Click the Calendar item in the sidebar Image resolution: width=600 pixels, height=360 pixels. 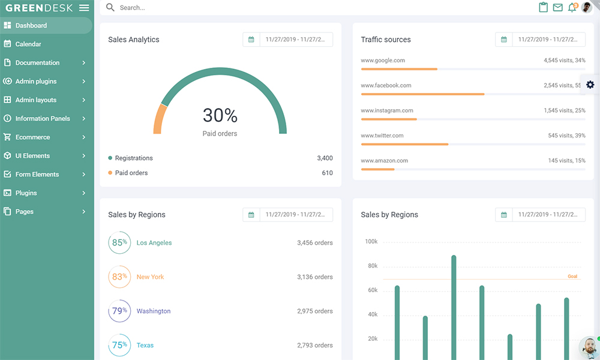(28, 44)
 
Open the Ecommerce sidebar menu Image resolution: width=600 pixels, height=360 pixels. (32, 137)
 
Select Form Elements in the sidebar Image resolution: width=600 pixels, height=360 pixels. (37, 174)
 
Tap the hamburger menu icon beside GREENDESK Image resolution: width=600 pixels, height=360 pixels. (84, 8)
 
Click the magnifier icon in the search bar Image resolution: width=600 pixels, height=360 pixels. (110, 8)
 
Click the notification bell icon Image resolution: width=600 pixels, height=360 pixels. (572, 8)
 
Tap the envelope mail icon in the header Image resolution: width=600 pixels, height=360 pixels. (557, 8)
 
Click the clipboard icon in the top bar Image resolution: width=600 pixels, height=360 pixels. (544, 8)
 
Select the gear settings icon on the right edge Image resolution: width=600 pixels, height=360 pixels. (590, 85)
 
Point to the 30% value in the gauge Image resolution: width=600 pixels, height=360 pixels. (220, 115)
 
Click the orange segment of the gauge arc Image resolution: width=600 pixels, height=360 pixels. (158, 119)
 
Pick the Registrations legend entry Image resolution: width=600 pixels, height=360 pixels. (133, 158)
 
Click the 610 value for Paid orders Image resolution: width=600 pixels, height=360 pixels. (327, 173)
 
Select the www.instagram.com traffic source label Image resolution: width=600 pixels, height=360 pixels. (386, 110)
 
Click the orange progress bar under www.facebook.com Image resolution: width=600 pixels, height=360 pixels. (422, 94)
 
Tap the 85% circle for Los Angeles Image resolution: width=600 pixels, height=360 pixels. (119, 242)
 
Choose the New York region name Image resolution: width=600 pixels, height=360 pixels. (150, 277)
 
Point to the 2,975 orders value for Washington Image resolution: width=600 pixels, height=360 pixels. (314, 311)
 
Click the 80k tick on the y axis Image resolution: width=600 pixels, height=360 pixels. (372, 266)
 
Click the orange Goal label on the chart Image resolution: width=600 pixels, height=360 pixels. (572, 277)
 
